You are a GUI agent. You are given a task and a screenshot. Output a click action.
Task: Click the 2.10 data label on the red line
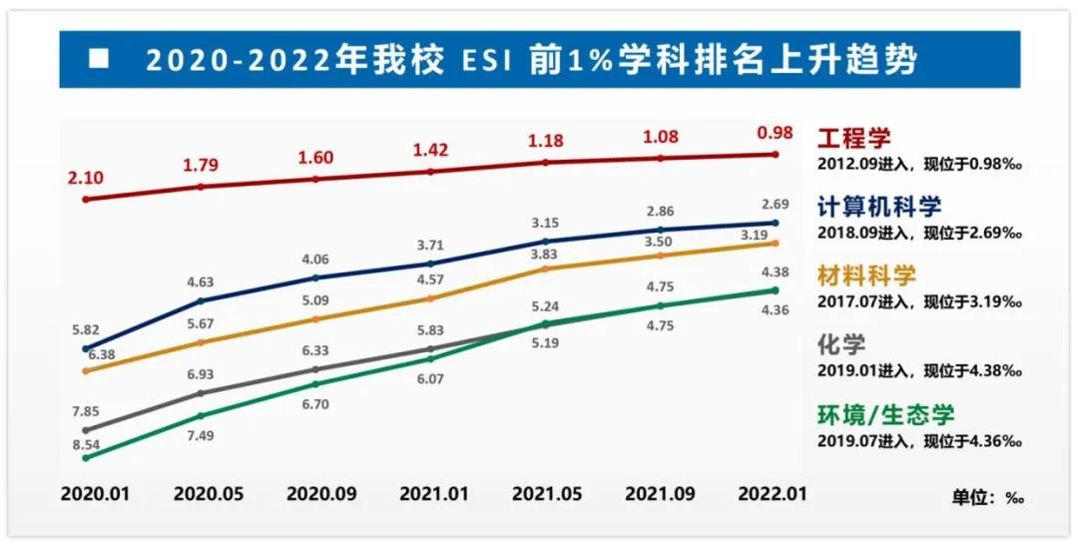pyautogui.click(x=86, y=178)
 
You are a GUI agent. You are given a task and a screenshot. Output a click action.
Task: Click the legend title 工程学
pyautogui.click(x=854, y=138)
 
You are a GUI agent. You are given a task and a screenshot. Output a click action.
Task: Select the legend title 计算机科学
pyautogui.click(x=879, y=207)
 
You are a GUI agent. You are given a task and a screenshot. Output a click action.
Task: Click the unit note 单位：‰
pyautogui.click(x=987, y=497)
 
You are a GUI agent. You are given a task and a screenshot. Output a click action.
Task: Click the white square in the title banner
pyautogui.click(x=98, y=58)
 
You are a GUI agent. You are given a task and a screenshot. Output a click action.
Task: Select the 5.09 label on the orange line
pyautogui.click(x=315, y=299)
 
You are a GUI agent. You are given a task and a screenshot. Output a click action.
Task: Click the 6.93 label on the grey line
pyautogui.click(x=202, y=372)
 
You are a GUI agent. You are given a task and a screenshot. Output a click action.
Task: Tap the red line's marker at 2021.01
pyautogui.click(x=431, y=172)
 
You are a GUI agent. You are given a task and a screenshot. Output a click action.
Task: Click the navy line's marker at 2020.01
pyautogui.click(x=86, y=349)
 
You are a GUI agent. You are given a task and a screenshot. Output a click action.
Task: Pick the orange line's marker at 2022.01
pyautogui.click(x=776, y=243)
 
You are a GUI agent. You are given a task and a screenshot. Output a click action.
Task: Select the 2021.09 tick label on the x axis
pyautogui.click(x=661, y=495)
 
